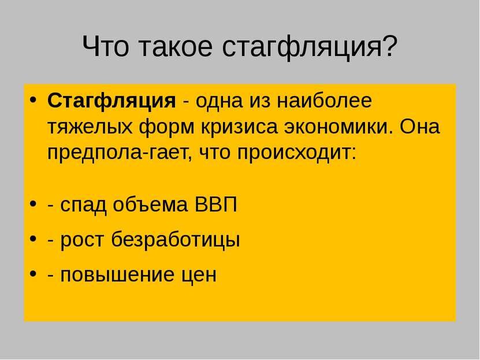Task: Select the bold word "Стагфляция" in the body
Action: (x=111, y=101)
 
